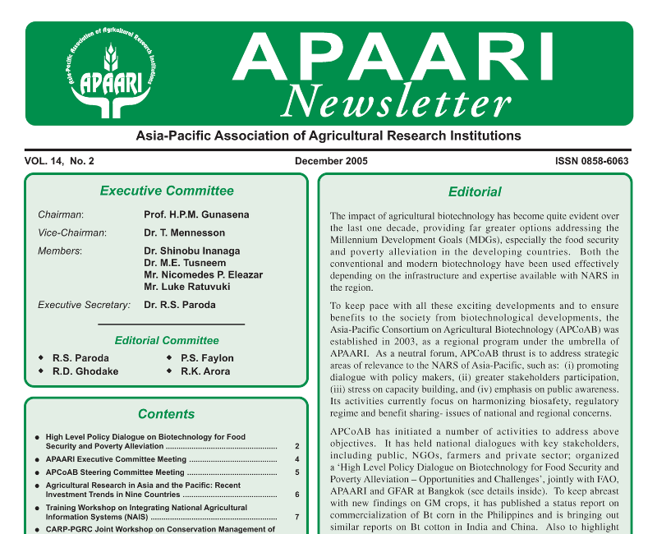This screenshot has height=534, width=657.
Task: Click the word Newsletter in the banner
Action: click(x=397, y=100)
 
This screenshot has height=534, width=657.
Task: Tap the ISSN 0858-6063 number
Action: click(x=591, y=161)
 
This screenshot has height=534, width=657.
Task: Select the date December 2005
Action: click(x=331, y=161)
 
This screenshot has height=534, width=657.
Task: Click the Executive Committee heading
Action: click(x=167, y=191)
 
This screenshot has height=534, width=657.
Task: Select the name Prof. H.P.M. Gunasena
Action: click(x=196, y=215)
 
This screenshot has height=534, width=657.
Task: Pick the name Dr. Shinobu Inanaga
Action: click(x=192, y=251)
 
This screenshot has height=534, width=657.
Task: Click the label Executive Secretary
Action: click(x=84, y=305)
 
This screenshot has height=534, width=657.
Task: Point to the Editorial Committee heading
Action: click(x=167, y=340)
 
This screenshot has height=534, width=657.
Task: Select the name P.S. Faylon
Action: click(x=207, y=358)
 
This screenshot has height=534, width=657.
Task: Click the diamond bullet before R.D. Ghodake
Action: click(x=41, y=371)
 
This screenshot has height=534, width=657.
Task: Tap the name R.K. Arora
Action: click(x=205, y=371)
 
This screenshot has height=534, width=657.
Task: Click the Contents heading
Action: click(x=167, y=414)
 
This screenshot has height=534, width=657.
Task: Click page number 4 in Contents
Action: click(x=296, y=459)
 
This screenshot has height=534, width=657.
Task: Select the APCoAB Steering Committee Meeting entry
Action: click(x=115, y=472)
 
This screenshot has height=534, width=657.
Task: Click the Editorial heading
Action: click(x=475, y=191)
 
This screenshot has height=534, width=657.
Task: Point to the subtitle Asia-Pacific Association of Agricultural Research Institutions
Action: click(x=328, y=136)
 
